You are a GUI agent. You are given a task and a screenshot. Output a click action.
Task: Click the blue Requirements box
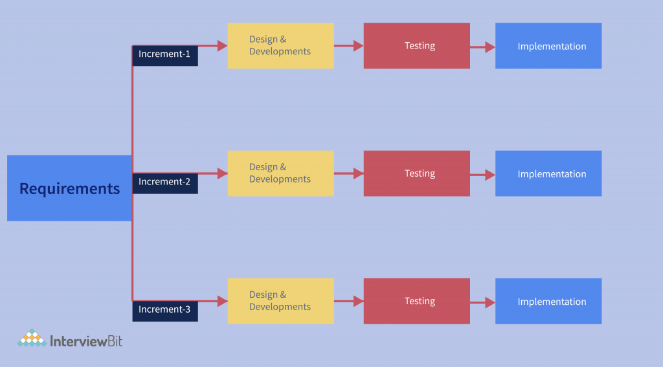point(69,188)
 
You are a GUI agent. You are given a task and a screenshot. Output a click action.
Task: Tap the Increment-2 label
point(165,183)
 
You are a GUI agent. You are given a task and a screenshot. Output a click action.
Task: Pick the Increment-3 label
point(165,310)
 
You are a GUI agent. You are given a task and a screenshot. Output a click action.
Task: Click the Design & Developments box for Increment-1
point(280,46)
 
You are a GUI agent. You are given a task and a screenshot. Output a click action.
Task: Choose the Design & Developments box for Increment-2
point(280,173)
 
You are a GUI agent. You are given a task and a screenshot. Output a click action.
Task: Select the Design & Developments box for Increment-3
point(280,301)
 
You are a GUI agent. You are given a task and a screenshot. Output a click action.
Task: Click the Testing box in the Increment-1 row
point(416,46)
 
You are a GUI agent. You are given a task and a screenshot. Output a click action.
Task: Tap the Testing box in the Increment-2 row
point(416,173)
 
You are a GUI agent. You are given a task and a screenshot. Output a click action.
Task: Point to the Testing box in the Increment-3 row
point(416,301)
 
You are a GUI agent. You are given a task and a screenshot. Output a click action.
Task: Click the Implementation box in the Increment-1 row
point(548,46)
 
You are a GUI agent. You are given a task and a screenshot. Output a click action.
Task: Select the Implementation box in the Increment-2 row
point(548,173)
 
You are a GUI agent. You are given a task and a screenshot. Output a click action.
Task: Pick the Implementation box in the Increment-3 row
point(548,301)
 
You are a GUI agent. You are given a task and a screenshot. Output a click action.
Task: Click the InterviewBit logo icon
point(31,339)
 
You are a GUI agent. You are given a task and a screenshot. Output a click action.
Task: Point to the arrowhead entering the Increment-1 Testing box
point(358,46)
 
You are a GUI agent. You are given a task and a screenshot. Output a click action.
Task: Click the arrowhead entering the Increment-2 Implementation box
point(490,175)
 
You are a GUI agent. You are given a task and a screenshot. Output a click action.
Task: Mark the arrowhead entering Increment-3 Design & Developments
point(222,301)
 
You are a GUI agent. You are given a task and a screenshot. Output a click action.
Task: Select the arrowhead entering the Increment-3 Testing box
point(358,301)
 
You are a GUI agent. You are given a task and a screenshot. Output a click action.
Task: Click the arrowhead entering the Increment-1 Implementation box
point(490,47)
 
